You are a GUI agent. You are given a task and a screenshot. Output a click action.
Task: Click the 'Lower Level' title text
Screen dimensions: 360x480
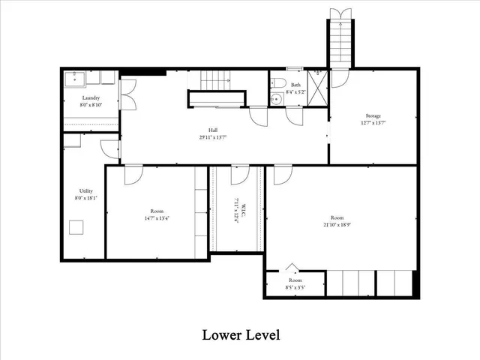tap(241, 334)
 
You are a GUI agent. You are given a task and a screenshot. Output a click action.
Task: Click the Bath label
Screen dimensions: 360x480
tap(295, 85)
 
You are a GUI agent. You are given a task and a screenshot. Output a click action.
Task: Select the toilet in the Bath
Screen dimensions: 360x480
tap(276, 82)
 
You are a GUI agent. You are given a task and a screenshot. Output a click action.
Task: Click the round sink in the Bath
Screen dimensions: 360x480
tap(276, 97)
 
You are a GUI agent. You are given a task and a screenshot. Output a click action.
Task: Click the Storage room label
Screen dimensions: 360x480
tap(373, 115)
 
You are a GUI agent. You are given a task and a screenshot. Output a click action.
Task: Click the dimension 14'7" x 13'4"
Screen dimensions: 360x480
tap(156, 218)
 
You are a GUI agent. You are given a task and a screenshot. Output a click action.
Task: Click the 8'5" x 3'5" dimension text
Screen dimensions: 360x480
tap(294, 287)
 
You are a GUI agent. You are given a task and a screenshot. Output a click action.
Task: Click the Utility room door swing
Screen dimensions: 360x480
tap(110, 148)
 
